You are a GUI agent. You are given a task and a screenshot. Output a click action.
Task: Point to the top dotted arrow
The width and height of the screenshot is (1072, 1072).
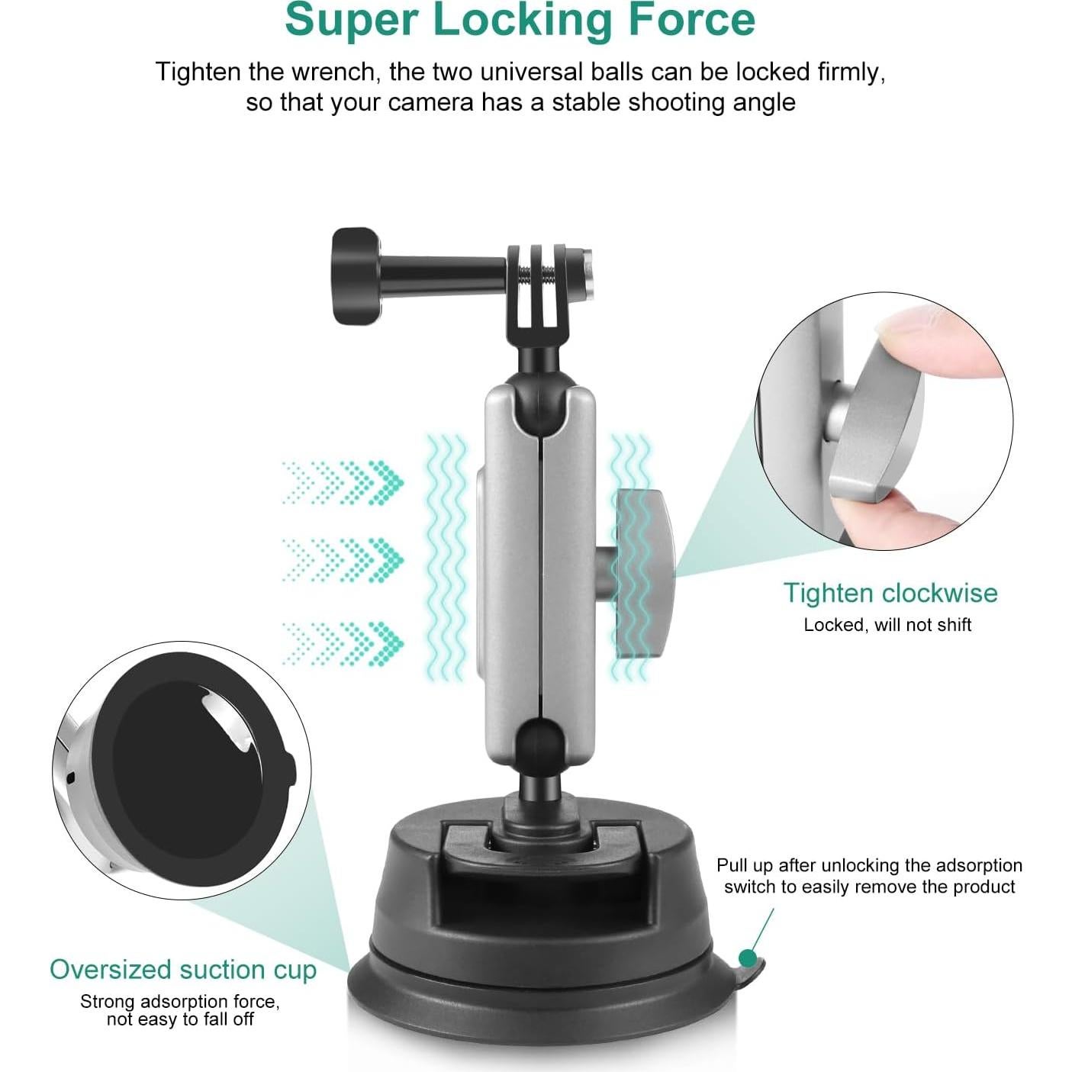coord(343,482)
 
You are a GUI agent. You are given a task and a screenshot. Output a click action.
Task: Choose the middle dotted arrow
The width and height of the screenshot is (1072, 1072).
coord(343,560)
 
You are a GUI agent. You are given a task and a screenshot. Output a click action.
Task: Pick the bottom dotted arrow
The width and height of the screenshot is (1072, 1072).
coord(343,642)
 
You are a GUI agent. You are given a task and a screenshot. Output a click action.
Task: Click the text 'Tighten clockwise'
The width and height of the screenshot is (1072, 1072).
coord(890,593)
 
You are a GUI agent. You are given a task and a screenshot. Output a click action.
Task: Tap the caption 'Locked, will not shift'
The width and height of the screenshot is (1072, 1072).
coord(887,625)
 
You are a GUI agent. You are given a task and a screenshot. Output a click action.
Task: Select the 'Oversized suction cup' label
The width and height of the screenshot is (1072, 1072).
coord(182,969)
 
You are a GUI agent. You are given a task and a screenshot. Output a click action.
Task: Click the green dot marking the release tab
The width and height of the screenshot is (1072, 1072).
coord(748,958)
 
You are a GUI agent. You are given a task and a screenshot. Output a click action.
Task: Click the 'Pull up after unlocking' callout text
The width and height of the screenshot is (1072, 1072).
coord(869,875)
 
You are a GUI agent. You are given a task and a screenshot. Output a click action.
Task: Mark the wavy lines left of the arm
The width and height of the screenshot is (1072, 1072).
coord(446,557)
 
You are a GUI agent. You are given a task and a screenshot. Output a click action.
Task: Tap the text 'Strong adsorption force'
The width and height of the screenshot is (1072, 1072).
coord(179,1001)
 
